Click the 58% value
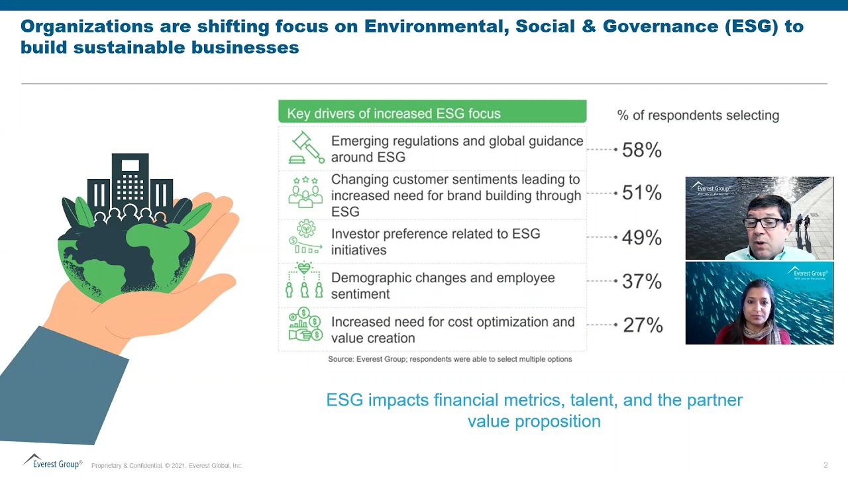tap(641, 150)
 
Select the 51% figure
tap(641, 193)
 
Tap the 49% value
tap(641, 238)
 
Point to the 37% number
tap(641, 282)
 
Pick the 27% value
tap(642, 325)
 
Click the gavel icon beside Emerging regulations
tap(306, 148)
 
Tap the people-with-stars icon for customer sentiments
tap(305, 191)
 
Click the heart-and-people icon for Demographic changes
tap(304, 281)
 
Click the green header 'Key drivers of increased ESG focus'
tap(432, 113)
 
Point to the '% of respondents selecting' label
tap(698, 115)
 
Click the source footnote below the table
tap(450, 359)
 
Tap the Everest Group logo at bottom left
tap(53, 462)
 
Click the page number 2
tap(825, 465)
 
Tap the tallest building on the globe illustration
tap(130, 179)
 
